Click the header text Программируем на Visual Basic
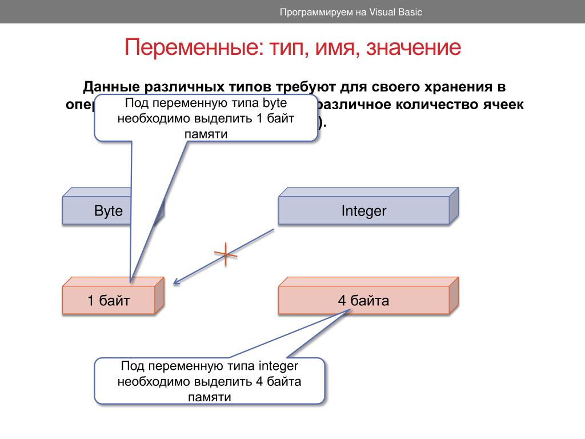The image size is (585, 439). [x=351, y=12]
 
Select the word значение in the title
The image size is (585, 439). [x=414, y=48]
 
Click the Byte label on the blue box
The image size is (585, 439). [x=109, y=211]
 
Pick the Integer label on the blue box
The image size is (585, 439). [x=364, y=211]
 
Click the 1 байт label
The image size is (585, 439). [x=109, y=301]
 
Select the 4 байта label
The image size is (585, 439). [x=364, y=301]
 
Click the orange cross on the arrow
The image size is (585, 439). [x=226, y=254]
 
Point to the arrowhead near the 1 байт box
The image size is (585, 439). [x=176, y=281]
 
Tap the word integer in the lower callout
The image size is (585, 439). [x=278, y=366]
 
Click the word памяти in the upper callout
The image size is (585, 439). [x=206, y=134]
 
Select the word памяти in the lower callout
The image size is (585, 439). [x=210, y=397]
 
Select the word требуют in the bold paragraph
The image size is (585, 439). [x=306, y=87]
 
